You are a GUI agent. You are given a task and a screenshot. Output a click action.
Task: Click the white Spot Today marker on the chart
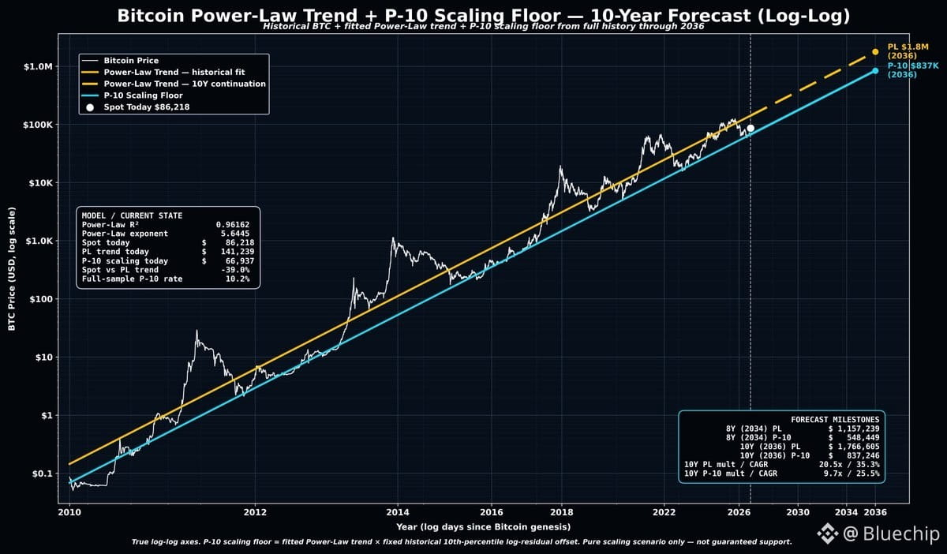750,128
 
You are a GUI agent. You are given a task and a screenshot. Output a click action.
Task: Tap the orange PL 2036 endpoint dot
875,51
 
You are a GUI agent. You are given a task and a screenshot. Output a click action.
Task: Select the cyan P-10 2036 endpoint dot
875,70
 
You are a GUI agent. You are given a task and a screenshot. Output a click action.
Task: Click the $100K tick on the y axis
38,125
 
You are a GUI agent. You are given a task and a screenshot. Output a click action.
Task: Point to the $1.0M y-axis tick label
38,66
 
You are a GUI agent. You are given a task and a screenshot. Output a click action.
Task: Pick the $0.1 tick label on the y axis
43,474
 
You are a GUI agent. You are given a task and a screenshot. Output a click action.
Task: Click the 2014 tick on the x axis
398,512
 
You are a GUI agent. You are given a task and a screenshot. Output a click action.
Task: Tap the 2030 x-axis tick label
798,512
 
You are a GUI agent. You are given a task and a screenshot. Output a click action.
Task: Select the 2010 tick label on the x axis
69,512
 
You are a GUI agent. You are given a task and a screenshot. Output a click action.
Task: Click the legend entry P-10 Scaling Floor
144,95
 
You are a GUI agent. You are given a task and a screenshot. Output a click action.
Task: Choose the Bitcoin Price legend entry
131,61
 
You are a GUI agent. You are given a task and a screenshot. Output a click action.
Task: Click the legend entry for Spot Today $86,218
147,107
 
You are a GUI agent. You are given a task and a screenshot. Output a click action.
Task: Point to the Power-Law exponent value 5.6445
235,234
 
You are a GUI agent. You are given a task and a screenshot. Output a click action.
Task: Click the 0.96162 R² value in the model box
233,225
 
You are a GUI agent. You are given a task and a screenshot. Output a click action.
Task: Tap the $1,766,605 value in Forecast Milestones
854,447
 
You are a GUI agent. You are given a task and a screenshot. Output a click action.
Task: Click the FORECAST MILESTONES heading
835,420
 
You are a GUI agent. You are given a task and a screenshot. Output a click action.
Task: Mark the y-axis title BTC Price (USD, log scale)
12,269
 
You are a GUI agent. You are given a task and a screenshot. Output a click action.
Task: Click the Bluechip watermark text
900,533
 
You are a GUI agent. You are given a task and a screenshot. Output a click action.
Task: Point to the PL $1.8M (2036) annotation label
908,51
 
